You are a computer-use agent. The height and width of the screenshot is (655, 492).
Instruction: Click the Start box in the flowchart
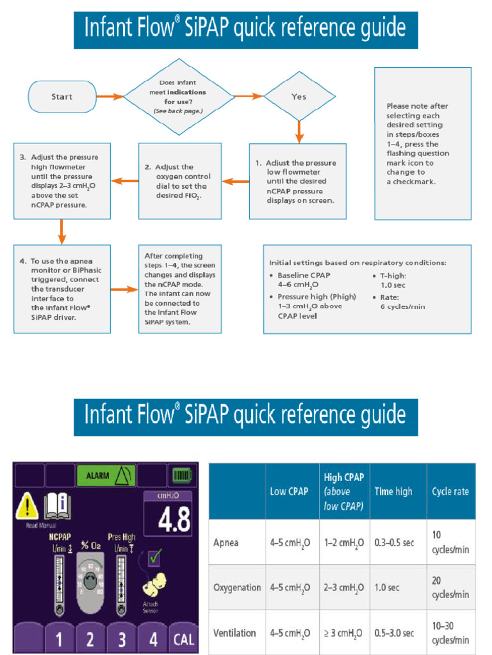click(62, 97)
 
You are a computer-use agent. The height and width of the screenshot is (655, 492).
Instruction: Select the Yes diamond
click(299, 97)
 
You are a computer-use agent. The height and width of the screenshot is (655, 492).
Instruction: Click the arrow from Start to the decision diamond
click(110, 97)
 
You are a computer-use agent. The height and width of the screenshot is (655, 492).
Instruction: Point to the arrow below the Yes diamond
click(299, 131)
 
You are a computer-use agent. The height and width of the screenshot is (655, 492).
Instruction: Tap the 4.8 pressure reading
click(168, 519)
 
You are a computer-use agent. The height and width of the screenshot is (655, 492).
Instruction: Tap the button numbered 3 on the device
click(122, 638)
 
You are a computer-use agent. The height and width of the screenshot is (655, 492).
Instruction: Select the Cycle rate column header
click(450, 491)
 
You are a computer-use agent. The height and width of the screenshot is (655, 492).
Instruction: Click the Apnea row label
click(226, 542)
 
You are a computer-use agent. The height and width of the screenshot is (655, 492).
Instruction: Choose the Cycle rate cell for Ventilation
click(450, 633)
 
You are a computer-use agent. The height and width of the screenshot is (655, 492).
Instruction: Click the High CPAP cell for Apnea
click(344, 542)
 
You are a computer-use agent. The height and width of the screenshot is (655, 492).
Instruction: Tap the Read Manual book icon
click(58, 507)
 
